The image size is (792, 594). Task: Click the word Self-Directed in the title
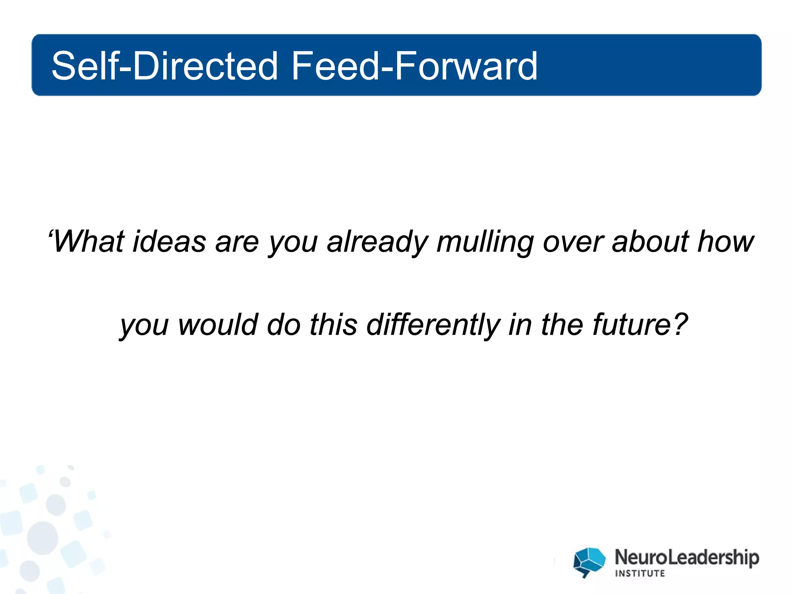point(164,66)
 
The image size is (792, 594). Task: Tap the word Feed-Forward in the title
point(414,66)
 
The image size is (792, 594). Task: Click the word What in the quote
point(89,242)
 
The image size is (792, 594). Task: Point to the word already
point(377,242)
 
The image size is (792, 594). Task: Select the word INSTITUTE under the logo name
point(640,574)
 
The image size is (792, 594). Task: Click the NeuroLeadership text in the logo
point(686,558)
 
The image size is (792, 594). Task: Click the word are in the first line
point(237,242)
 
